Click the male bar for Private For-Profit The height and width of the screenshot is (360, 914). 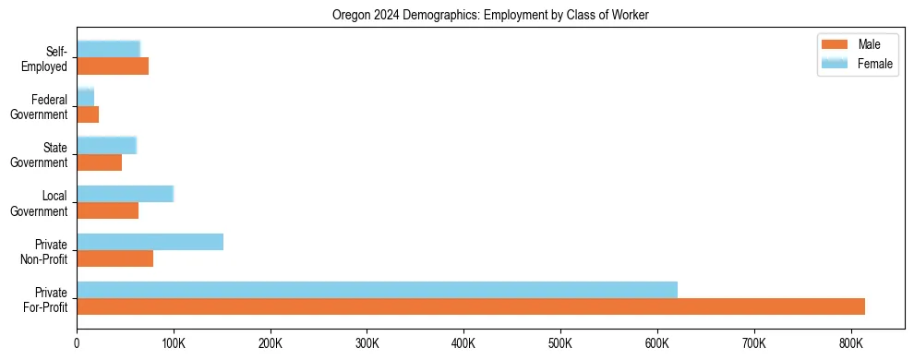[x=471, y=306]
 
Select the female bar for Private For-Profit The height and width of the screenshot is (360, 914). [x=377, y=290]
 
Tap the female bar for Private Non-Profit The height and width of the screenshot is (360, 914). [x=150, y=242]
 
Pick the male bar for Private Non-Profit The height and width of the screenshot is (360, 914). [x=114, y=258]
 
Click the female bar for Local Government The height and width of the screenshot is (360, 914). [x=125, y=194]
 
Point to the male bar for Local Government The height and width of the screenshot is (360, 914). [x=107, y=210]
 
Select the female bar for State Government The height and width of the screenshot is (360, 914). [x=106, y=146]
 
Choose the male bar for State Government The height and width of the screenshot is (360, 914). [x=99, y=162]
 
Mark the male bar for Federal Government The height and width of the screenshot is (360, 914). [x=88, y=114]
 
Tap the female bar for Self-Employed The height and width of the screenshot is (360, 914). [x=108, y=49]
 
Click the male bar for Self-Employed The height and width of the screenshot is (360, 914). [x=113, y=66]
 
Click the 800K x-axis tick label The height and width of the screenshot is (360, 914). [x=850, y=343]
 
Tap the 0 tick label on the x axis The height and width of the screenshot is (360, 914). [x=77, y=343]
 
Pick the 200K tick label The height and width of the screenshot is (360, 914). [x=270, y=343]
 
